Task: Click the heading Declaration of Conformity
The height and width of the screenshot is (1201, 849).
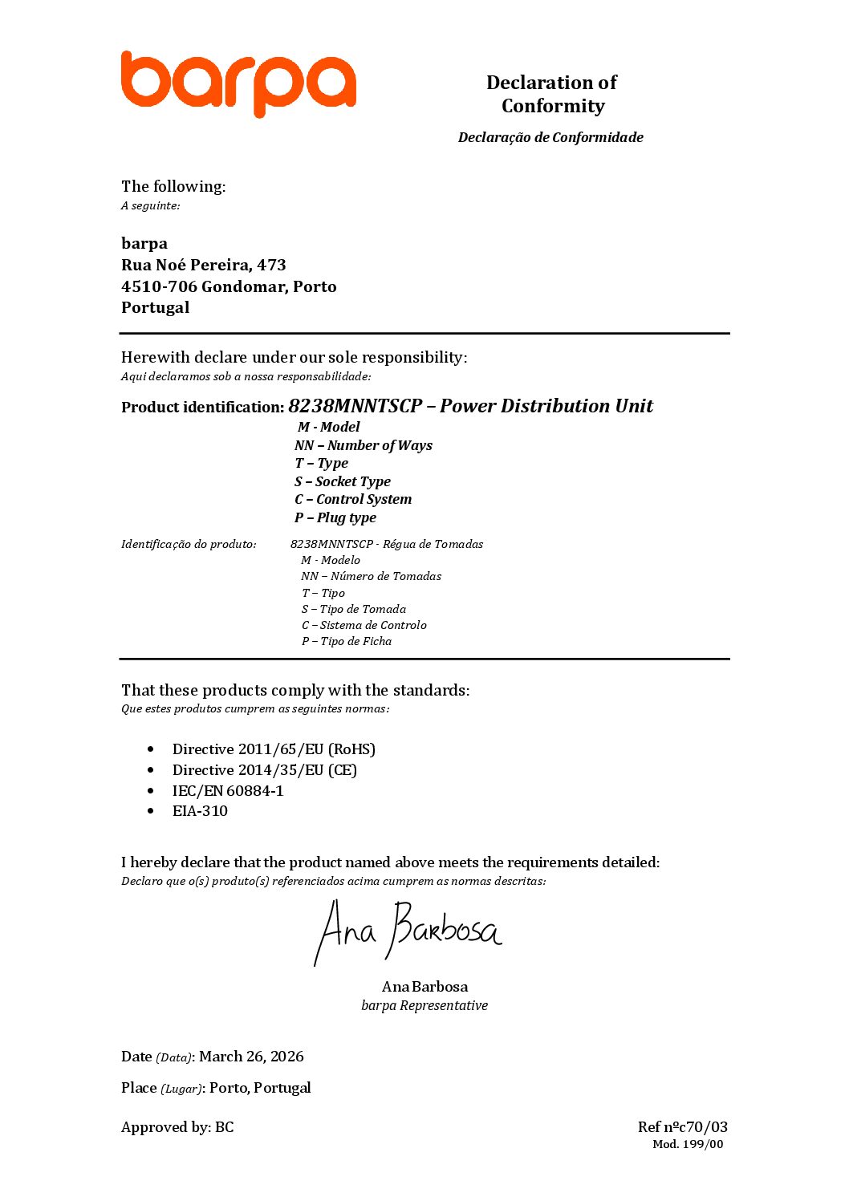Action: coord(552,94)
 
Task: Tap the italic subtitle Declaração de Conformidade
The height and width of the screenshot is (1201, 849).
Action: coord(550,137)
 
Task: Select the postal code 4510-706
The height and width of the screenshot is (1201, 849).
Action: coord(159,286)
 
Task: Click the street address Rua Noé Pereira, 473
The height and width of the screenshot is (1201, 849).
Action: coord(203,265)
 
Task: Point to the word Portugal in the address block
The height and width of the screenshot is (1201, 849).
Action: coord(156,307)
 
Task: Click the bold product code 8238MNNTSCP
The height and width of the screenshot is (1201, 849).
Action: coord(355,406)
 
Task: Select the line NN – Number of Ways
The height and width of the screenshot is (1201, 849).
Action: coord(363,445)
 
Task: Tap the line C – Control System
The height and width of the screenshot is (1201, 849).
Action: coord(352,499)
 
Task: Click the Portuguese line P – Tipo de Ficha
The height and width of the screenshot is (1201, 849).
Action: coord(346,641)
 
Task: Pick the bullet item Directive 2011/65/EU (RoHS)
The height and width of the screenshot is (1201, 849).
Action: coord(274,749)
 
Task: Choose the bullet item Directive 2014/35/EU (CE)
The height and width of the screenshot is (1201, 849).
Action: coord(264,770)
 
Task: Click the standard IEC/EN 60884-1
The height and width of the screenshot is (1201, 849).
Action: coord(228,791)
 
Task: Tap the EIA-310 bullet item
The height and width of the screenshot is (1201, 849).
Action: coord(200,811)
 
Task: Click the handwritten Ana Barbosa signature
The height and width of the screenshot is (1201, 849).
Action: coord(407,931)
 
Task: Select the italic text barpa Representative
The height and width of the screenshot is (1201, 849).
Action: coord(424,1006)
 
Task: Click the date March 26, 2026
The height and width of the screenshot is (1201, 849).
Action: coord(251,1057)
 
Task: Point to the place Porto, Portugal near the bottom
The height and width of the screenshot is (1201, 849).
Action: coord(260,1088)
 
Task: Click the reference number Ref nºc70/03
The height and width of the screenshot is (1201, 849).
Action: coord(682,1127)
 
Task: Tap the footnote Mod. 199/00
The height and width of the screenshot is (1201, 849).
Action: coord(688,1145)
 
